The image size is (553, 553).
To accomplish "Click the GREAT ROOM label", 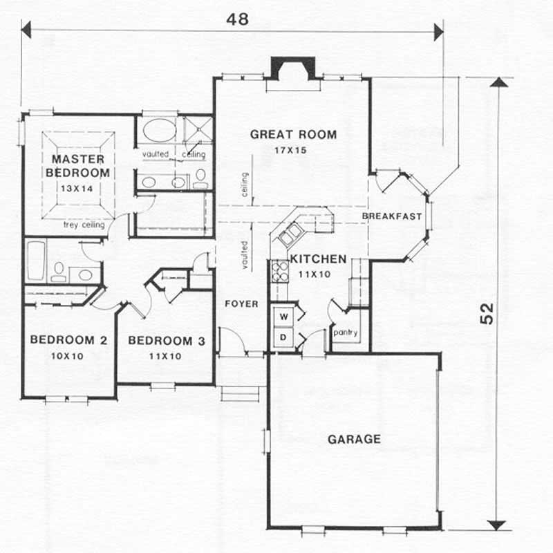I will [293, 134].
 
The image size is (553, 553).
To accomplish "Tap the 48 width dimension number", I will [237, 19].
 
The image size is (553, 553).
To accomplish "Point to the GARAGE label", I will [354, 439].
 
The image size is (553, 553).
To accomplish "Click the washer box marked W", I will [283, 317].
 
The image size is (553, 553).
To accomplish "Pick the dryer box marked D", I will [283, 337].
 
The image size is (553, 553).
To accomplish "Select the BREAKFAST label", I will [392, 217].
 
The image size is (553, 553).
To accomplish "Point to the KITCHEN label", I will [318, 259].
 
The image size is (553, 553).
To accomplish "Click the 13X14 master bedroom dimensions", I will [76, 187].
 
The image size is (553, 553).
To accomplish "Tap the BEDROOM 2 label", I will [68, 340].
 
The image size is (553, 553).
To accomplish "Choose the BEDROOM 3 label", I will [167, 340].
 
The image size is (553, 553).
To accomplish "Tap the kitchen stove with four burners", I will [279, 270].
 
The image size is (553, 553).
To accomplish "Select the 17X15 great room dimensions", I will [293, 149].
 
